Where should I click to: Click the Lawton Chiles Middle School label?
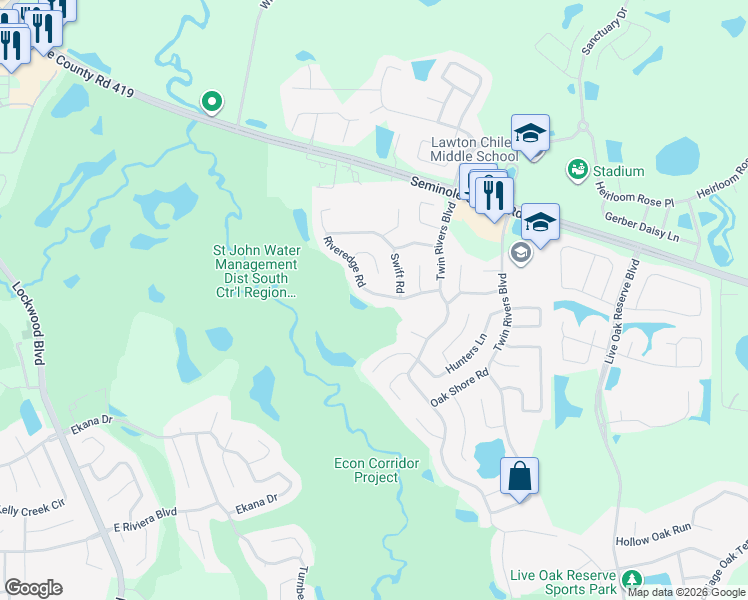click(474, 149)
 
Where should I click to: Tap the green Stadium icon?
click(576, 170)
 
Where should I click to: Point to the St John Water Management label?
click(250, 272)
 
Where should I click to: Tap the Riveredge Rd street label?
click(345, 262)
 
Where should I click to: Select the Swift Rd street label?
click(397, 273)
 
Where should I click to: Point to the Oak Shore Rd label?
click(459, 386)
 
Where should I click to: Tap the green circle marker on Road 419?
click(211, 101)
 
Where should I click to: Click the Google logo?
click(33, 588)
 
